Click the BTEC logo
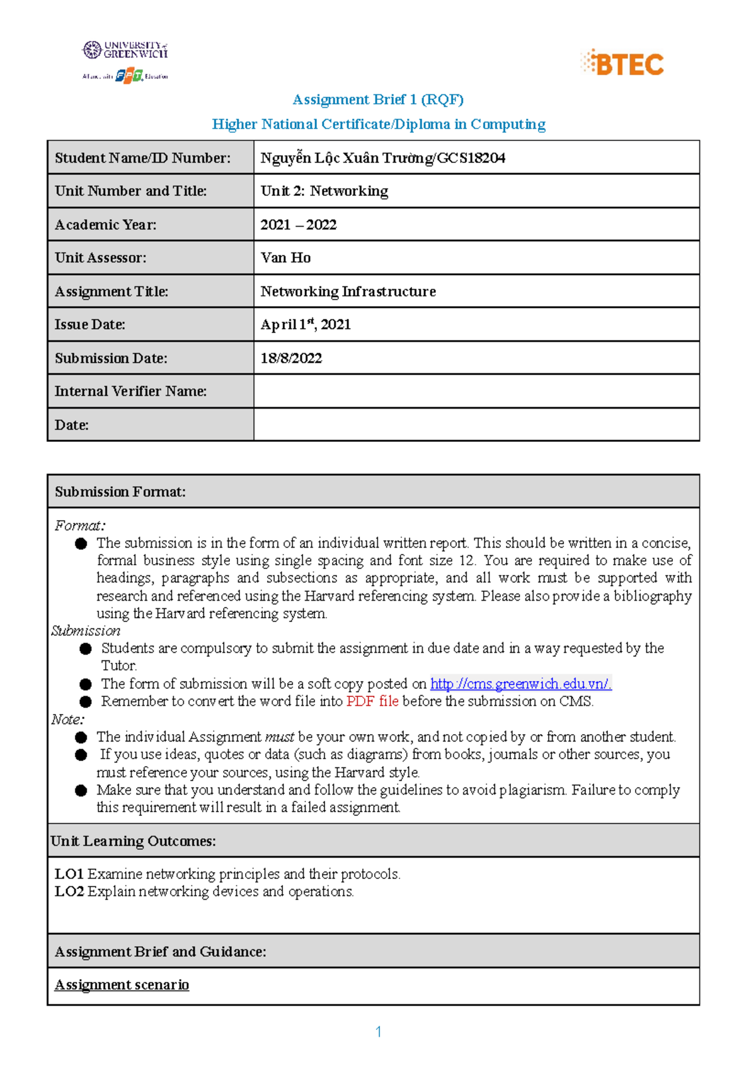coord(622,64)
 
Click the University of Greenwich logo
coord(125,50)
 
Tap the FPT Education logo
coord(129,76)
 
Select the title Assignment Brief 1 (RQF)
coord(378,99)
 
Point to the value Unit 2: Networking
coord(324,191)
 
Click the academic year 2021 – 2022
coord(299,225)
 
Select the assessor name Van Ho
coord(285,258)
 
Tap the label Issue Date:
coord(90,325)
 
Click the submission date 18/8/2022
coord(291,358)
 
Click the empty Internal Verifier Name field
coord(476,391)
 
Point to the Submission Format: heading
coord(120,492)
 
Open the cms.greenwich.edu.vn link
coord(520,684)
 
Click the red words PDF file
coord(372,701)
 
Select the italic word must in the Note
coord(279,737)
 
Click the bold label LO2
coord(69,891)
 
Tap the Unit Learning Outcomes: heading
coord(133,841)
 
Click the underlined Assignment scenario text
coord(122,985)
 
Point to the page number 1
coord(378,1032)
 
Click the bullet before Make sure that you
coord(81,791)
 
